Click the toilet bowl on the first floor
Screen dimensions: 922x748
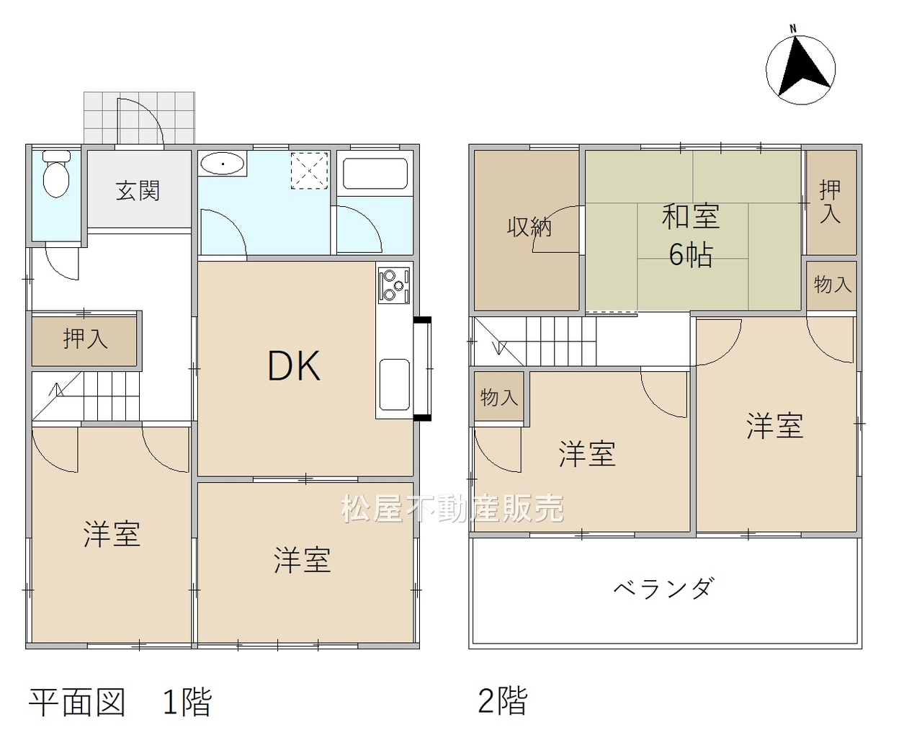[x=56, y=174]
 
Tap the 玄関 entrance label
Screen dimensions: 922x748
[x=138, y=190]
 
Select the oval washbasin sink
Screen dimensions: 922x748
[x=222, y=164]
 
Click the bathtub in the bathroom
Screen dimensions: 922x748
[x=375, y=173]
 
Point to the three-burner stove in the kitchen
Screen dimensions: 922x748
[x=394, y=285]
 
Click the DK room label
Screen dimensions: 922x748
[x=295, y=366]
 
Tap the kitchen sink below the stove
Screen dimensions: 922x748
[x=394, y=385]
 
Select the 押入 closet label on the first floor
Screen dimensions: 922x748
[x=85, y=339]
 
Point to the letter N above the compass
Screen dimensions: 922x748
[x=793, y=29]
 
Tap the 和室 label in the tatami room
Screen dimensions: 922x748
[x=691, y=216]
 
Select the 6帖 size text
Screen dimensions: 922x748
[x=691, y=254]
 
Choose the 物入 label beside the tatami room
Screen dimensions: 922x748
[x=833, y=285]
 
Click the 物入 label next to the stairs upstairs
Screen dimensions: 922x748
[x=499, y=397]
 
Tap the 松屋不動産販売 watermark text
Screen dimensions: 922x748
[x=452, y=508]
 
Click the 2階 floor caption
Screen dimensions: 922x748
[x=503, y=700]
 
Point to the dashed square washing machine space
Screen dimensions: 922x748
[x=310, y=171]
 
